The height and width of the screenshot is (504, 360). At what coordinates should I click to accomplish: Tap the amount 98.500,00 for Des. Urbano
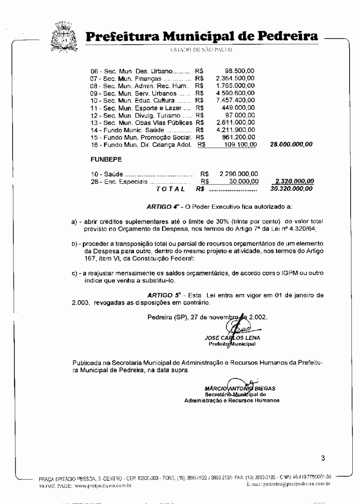239,71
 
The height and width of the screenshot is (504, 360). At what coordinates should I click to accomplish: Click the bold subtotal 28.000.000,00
291,144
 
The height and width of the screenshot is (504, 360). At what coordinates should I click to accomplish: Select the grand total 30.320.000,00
291,189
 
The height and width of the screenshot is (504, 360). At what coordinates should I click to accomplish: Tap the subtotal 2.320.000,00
294,181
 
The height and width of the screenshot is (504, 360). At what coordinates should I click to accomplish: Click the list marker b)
76,243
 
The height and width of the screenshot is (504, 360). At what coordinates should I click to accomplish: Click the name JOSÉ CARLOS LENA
232,338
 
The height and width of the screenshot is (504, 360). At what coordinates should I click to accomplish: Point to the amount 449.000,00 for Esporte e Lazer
238,108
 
